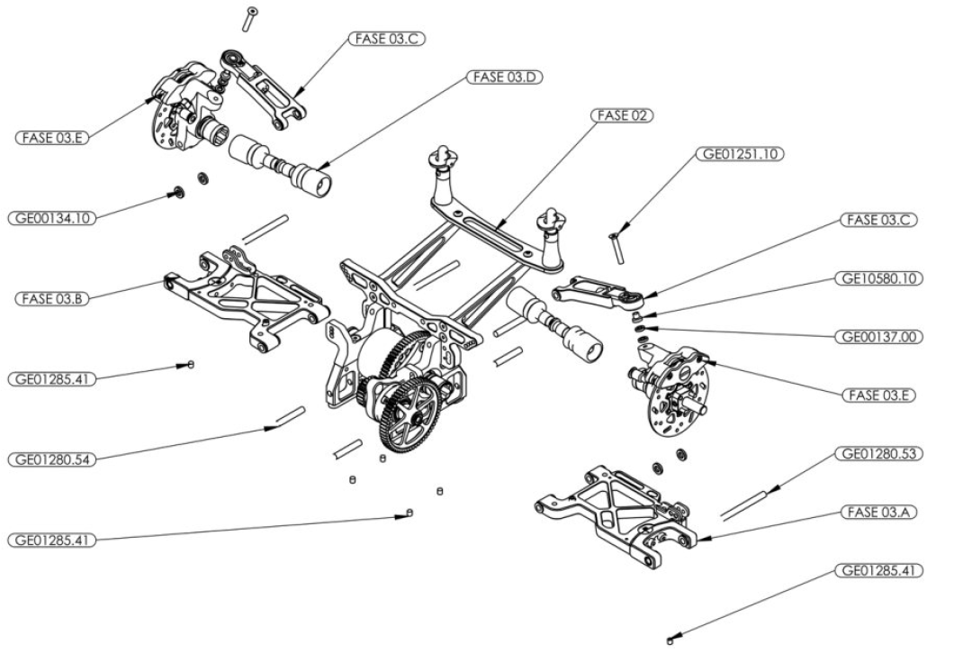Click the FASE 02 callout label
pos(622,115)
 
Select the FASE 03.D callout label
pos(506,77)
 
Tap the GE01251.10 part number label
pos(740,154)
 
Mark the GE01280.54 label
pos(52,459)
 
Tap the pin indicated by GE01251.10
pos(618,247)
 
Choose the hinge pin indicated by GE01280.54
pos(291,416)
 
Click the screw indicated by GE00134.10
pos(178,193)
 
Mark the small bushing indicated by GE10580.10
pos(636,316)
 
